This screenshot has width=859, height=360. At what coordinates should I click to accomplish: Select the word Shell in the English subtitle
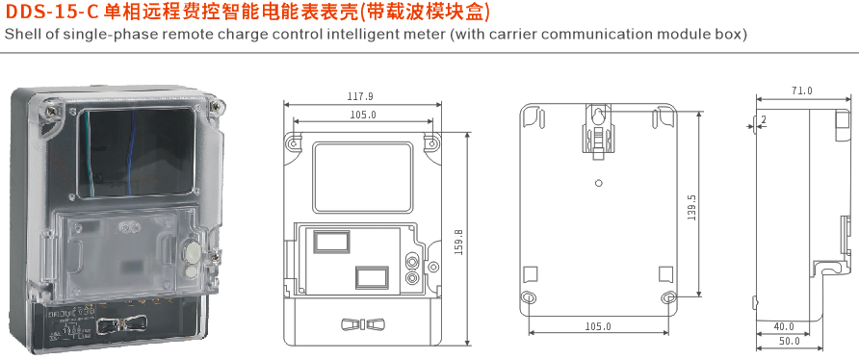point(22,35)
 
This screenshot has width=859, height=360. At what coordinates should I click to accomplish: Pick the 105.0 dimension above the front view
point(362,116)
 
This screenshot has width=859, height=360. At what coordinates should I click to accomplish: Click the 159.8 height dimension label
point(458,241)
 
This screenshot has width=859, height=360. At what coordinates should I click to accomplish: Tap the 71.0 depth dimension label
point(802,91)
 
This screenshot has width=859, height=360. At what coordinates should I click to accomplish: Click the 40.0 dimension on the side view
point(784,326)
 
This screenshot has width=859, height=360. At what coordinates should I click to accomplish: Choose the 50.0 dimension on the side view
point(790,343)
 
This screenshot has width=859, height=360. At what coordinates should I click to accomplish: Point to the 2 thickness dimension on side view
point(764,120)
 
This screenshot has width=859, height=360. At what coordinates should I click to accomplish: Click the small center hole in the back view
point(598,183)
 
